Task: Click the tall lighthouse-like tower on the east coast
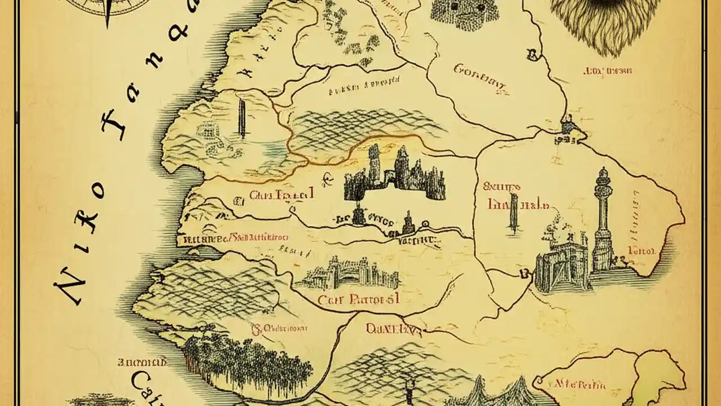coord(602,220)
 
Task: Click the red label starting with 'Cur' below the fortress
coord(358,299)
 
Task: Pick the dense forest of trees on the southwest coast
coord(248,364)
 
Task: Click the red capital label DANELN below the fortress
coord(394,328)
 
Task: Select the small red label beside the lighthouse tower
coord(642,250)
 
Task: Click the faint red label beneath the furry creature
coord(607,71)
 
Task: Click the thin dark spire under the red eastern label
coord(513,217)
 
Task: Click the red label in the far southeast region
coord(580,386)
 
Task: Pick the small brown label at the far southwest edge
coord(142,361)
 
